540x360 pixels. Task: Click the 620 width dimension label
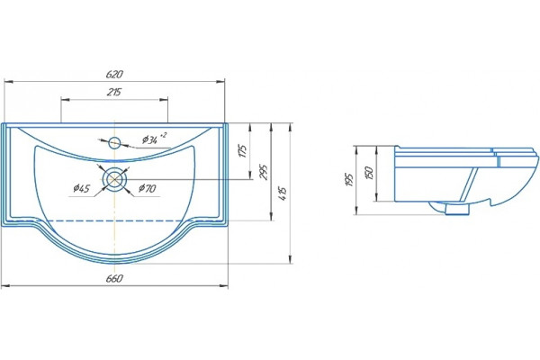point(114,75)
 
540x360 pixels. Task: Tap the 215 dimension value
point(114,93)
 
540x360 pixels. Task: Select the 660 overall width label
point(114,278)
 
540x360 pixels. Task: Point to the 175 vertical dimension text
point(243,151)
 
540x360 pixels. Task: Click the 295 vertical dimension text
point(264,172)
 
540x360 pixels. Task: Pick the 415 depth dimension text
point(283,194)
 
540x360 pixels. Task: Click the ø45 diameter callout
point(82,188)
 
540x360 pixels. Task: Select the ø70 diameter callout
point(148,188)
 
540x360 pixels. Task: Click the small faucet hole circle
point(114,142)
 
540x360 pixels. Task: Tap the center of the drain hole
point(114,179)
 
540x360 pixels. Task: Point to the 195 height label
point(349,179)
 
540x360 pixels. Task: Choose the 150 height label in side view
point(369,173)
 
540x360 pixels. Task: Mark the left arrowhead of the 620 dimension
point(8,82)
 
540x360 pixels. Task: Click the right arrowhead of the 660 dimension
point(224,286)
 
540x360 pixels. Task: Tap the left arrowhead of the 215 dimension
point(65,100)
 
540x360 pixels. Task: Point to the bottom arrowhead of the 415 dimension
point(291,259)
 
